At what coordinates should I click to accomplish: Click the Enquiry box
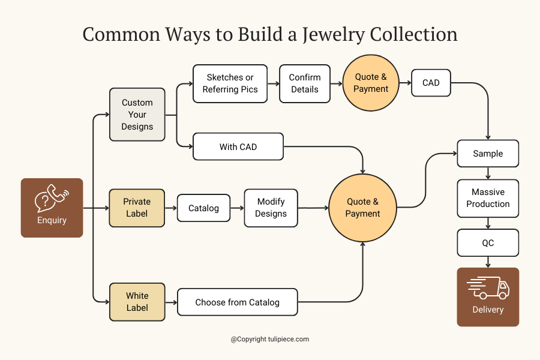[x=52, y=208]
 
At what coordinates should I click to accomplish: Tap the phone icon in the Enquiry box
[x=52, y=198]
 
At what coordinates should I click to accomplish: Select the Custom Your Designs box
[x=137, y=115]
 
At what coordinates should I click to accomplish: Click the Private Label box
[x=137, y=208]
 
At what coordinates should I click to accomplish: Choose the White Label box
[x=137, y=302]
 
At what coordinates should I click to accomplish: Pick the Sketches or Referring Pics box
[x=230, y=83]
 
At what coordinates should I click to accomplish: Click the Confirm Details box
[x=305, y=83]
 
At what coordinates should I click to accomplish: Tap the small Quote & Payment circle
[x=371, y=83]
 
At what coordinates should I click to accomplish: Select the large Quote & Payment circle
[x=363, y=208]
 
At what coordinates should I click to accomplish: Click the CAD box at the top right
[x=431, y=83]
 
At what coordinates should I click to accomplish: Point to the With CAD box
[x=238, y=146]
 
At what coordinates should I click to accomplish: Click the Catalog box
[x=203, y=208]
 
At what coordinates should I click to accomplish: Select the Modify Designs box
[x=271, y=208]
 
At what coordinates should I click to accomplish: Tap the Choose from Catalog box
[x=237, y=302]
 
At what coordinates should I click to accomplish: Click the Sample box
[x=488, y=154]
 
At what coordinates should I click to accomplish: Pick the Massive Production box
[x=488, y=198]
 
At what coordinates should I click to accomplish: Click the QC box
[x=488, y=243]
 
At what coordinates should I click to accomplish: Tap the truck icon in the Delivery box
[x=488, y=288]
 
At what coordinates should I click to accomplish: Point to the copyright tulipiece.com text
[x=270, y=339]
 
